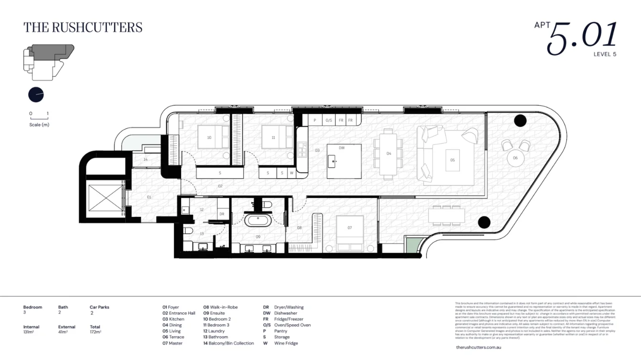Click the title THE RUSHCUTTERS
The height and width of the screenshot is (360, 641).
coord(83,28)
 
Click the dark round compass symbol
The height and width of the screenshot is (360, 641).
coord(36,95)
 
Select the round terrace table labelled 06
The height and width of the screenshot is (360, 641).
coord(515,158)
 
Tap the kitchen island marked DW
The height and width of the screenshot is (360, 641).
coord(344,161)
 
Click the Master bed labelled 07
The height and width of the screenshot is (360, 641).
coord(350,233)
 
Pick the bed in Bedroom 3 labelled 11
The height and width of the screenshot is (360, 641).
coord(277,137)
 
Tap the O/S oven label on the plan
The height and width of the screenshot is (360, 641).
coord(329,121)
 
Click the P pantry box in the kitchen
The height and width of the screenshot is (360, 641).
coord(315,121)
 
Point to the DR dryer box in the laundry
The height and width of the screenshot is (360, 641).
coord(222,214)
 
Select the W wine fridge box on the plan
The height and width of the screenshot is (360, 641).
coord(291,173)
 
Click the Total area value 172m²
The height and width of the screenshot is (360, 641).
coord(95,331)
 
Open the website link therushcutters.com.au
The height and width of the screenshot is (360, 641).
coord(478,347)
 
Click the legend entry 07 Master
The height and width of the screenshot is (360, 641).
coord(172,343)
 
